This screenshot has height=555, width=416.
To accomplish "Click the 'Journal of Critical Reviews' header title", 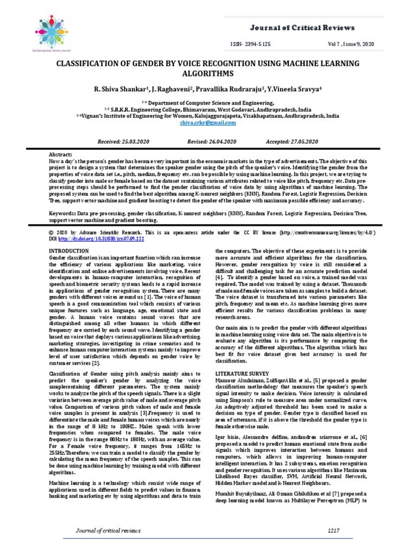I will click(x=303, y=28).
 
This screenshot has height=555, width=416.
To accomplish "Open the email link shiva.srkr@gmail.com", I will click(x=207, y=123).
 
